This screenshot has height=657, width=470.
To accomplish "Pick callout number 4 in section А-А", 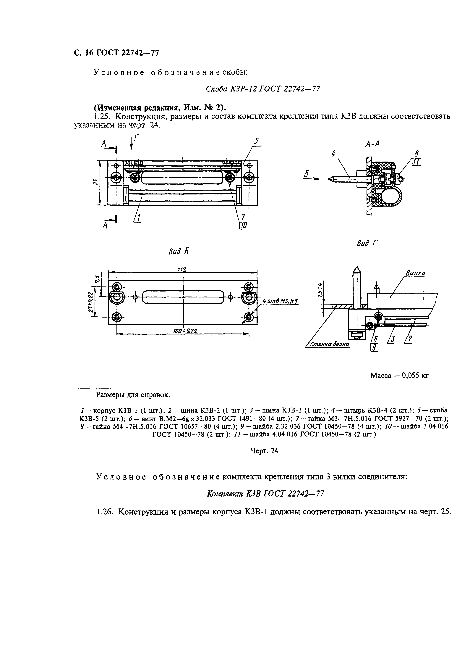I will tap(333, 154).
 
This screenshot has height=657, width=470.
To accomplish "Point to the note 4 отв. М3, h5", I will tap(280, 301).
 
